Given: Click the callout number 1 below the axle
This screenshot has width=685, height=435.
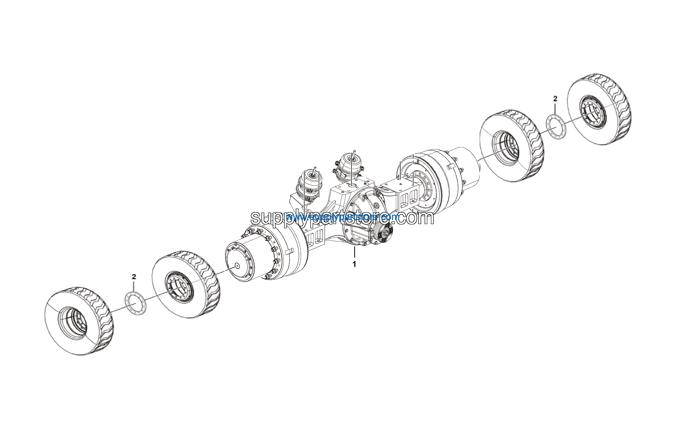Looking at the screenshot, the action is click(x=354, y=264).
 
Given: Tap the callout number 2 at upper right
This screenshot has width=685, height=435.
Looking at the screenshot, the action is click(x=555, y=99).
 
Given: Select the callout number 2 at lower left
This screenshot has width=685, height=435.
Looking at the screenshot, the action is click(x=134, y=276).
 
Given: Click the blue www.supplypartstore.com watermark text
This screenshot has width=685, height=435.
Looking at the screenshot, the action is click(x=343, y=218).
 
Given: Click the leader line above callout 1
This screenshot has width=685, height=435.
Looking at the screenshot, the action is click(x=355, y=252).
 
